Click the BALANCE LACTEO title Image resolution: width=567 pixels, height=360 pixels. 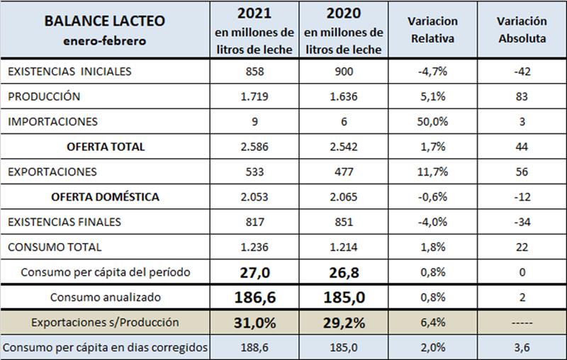pos(104,21)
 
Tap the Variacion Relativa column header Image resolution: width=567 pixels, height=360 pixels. pos(432,30)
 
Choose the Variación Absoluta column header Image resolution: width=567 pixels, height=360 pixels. pos(521,30)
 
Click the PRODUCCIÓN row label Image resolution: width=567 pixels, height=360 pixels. pos(44,97)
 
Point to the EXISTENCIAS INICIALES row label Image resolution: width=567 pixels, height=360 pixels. pos(69,72)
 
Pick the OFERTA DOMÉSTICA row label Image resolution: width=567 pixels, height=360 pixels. pos(105,196)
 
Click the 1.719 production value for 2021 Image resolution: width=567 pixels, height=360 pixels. pos(254,97)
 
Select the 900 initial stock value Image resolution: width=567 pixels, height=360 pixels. pos(343,72)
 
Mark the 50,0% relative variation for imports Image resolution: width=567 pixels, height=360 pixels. pos(432,122)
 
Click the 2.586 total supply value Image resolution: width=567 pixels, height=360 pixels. pos(254,147)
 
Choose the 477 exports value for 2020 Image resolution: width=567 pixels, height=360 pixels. pos(343,171)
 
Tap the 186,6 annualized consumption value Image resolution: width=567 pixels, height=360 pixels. pos(254,297)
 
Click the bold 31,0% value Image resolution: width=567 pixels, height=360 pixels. pos(254,322)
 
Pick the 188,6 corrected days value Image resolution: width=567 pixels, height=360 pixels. pos(254,348)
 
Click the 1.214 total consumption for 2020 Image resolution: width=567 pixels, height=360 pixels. pos(343,247)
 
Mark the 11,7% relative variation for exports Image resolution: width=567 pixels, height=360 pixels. pos(432,171)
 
